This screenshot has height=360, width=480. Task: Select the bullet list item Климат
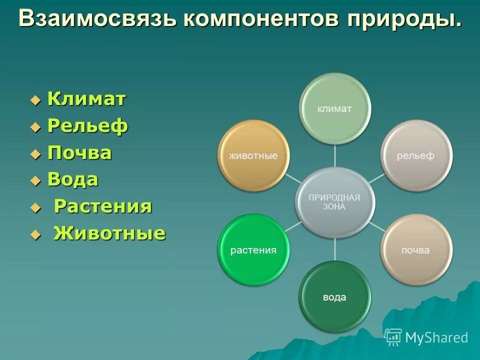(x=86, y=99)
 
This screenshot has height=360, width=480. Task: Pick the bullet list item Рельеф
(x=87, y=126)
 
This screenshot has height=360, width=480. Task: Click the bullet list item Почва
(x=79, y=153)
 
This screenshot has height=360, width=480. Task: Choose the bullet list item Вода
(x=73, y=180)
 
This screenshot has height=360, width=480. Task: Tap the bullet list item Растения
(x=102, y=207)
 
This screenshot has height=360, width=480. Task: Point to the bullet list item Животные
(x=109, y=233)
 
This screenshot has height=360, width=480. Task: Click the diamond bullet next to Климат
(x=34, y=100)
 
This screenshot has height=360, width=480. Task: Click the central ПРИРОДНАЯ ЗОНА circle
(x=334, y=202)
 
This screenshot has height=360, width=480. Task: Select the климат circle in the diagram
(x=334, y=109)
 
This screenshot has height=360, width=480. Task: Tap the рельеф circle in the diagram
(x=415, y=155)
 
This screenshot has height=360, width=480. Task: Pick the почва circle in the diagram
(x=415, y=249)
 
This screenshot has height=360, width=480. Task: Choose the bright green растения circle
(x=253, y=249)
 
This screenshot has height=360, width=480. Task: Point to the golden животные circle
(x=253, y=155)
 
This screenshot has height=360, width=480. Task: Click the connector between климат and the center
(x=334, y=156)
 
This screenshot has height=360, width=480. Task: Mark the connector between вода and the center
(x=334, y=249)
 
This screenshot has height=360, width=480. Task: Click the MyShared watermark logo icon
(x=393, y=337)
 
